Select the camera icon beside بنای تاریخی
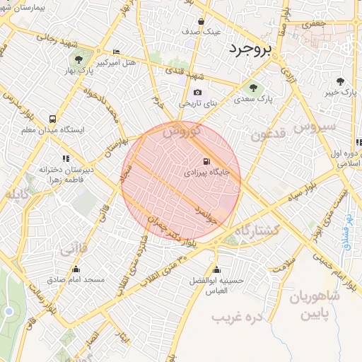click(x=197, y=93)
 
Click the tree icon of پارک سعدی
click(x=253, y=88)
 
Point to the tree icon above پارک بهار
click(x=78, y=59)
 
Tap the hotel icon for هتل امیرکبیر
click(x=116, y=52)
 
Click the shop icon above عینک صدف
click(x=202, y=21)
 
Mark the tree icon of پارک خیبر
click(x=341, y=81)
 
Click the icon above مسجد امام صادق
click(x=76, y=269)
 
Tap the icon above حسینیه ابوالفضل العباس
click(x=216, y=269)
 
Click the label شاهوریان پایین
click(x=314, y=303)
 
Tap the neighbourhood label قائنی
click(x=74, y=249)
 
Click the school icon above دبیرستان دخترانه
click(x=65, y=159)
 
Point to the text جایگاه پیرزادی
click(x=206, y=172)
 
